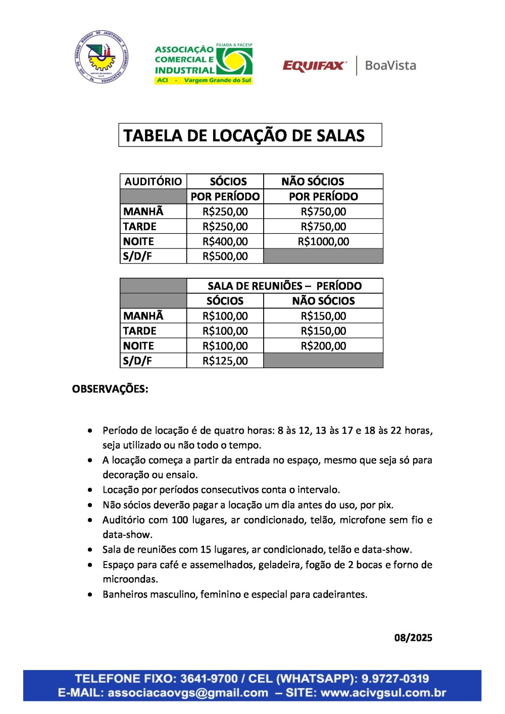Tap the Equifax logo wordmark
(315, 66)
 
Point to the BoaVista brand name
(390, 66)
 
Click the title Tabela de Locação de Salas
(244, 136)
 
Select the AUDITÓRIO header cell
(153, 182)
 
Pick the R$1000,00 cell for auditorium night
(323, 241)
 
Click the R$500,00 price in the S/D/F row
(225, 257)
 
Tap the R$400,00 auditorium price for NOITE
(225, 241)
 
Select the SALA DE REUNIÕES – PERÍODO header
(284, 286)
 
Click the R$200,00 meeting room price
(323, 346)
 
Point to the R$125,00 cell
(225, 361)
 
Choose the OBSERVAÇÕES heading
(110, 389)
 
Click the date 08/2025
(413, 638)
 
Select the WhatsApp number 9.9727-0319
(395, 679)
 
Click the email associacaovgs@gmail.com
(188, 693)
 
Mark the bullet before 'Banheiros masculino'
(90, 595)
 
